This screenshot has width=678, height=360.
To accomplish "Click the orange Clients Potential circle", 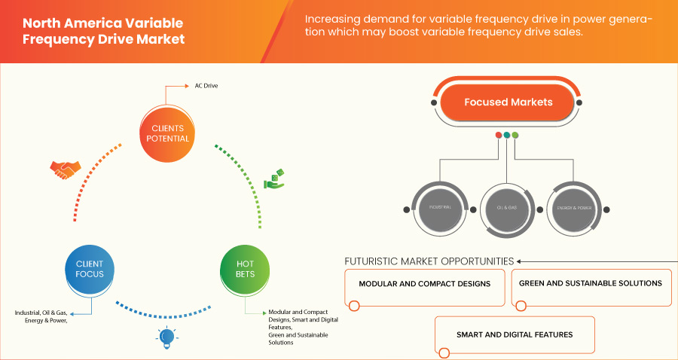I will click(166, 133).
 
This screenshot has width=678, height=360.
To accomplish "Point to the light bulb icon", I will click(166, 336).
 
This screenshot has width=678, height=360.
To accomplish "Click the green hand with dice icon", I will click(273, 180).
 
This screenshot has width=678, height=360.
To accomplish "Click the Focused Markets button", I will click(508, 102).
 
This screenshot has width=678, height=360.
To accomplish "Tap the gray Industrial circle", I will click(440, 206).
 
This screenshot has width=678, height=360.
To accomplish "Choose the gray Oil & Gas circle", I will click(506, 206).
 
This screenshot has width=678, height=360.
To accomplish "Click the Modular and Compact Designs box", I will click(424, 284).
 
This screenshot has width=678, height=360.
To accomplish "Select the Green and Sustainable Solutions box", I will click(591, 284).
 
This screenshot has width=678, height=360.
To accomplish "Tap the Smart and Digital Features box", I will click(515, 334).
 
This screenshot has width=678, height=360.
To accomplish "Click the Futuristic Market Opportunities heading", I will click(429, 261).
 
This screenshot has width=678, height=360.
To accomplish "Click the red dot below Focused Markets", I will click(498, 135).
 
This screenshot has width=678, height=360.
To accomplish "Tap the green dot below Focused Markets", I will click(515, 135).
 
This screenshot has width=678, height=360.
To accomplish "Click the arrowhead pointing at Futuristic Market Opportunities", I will click(520, 261).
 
